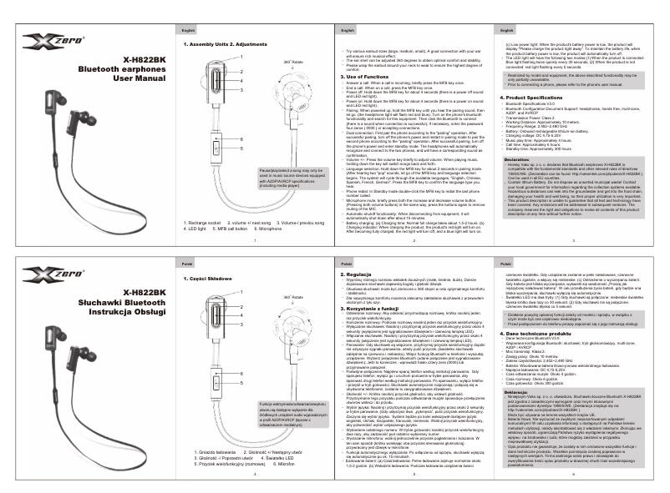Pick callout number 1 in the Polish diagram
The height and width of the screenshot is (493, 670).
click(241, 289)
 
